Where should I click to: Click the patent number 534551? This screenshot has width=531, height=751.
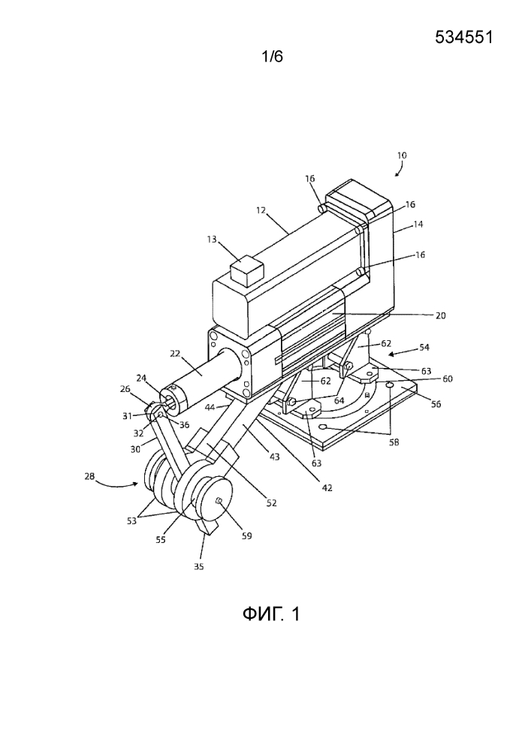463,38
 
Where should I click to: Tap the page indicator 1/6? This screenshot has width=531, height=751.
271,56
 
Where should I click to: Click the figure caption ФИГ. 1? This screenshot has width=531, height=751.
270,614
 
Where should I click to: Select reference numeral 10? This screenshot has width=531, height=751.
401,155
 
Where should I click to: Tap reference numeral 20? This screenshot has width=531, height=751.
440,316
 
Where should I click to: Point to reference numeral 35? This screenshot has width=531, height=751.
198,566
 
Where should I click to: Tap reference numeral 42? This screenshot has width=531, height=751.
327,487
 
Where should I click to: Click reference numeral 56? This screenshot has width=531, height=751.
436,403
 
